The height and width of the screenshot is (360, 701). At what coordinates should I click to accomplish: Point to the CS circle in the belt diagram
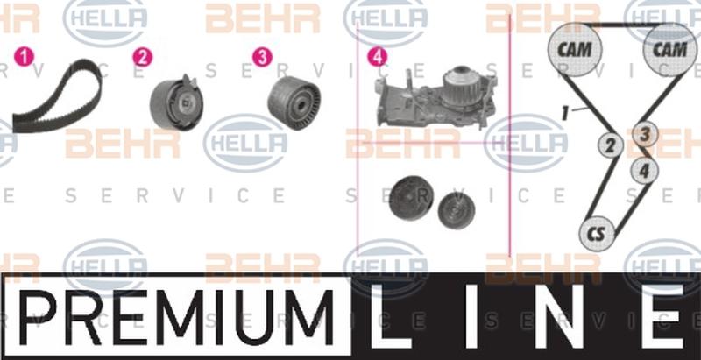point(597,234)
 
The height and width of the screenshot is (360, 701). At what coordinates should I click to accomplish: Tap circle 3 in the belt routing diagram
point(645,134)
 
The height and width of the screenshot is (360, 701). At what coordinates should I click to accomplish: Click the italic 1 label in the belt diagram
point(567,112)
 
